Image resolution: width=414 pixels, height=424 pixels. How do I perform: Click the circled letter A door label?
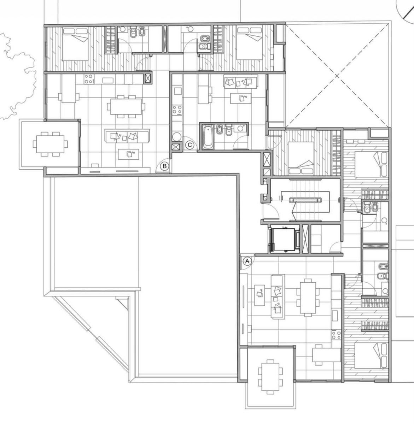tap(247, 261)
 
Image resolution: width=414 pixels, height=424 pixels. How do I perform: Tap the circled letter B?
tap(165, 166)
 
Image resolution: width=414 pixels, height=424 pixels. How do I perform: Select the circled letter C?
tap(190, 145)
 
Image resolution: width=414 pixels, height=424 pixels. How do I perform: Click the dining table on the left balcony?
tap(50, 144)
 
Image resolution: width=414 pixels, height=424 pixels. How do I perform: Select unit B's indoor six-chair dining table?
tap(126, 107)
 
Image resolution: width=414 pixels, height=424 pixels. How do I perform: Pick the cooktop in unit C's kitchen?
tap(177, 110)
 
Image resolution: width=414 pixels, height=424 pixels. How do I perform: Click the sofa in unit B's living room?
tap(127, 136)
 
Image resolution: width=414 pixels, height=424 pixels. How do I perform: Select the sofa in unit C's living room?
tap(241, 82)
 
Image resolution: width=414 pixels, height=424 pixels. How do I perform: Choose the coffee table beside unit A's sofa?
tap(260, 295)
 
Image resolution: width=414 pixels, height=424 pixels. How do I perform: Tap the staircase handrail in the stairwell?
tap(305, 200)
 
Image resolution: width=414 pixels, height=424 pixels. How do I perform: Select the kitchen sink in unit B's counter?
tap(108, 81)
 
